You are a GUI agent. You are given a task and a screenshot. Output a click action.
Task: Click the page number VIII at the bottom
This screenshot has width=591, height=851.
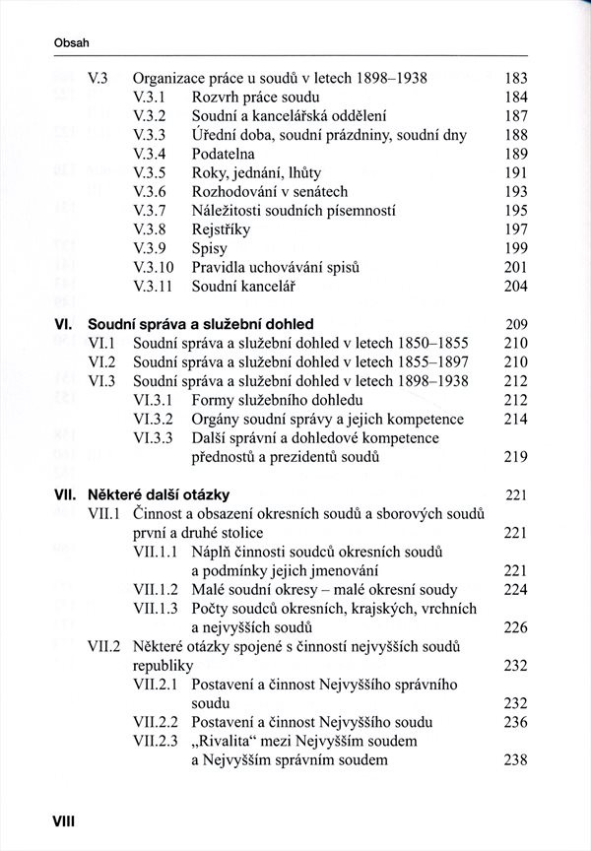[x=49, y=818]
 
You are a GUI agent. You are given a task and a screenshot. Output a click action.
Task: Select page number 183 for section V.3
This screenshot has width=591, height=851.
[x=516, y=78]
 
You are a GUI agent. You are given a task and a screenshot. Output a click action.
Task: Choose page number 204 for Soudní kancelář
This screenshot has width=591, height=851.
[x=516, y=287]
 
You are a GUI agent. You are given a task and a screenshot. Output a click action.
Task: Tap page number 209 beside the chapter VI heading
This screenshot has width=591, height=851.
[x=516, y=324]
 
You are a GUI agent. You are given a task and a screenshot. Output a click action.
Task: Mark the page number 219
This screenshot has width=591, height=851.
[x=516, y=457]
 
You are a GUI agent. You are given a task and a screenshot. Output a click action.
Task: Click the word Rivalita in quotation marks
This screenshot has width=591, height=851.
[x=236, y=741]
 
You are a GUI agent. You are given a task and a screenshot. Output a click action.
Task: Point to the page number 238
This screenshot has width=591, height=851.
[x=516, y=759]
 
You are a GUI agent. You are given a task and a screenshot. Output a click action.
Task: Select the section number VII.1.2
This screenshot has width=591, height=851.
[x=156, y=589]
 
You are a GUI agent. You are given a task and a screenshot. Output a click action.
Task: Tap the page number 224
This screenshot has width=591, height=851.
[x=516, y=589]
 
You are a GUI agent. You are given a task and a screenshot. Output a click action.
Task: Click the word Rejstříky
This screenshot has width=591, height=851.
[x=222, y=229]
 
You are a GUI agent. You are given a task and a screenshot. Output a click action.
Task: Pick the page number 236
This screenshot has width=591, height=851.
[x=516, y=722]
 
